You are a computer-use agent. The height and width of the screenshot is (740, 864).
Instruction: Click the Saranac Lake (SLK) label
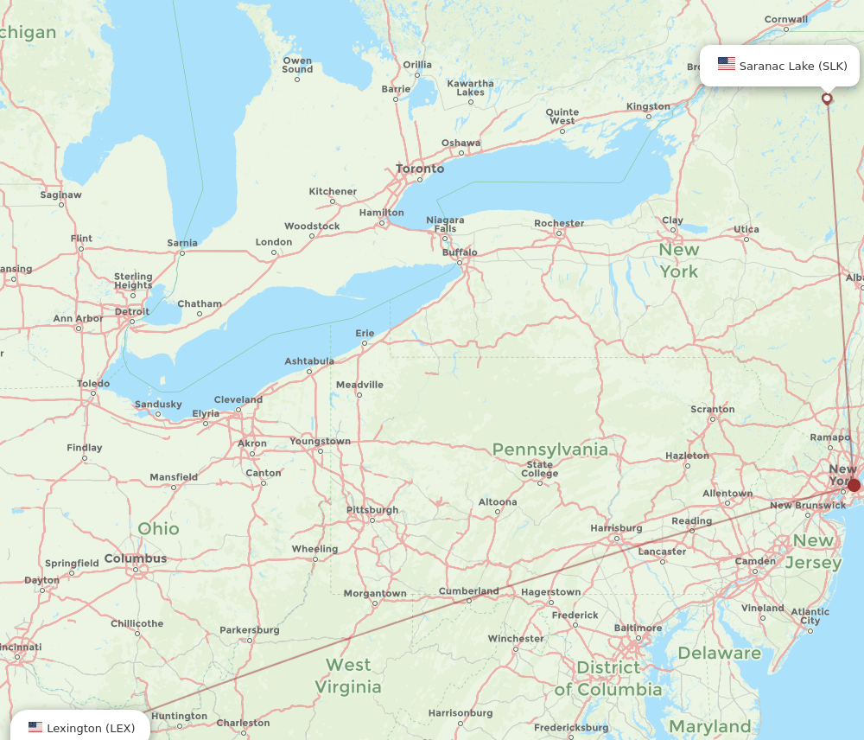tap(792, 66)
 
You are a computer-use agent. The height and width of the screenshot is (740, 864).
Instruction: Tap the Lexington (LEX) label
tap(91, 728)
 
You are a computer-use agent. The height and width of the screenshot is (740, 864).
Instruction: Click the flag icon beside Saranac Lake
tap(727, 64)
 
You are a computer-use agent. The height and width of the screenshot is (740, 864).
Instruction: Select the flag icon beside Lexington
tap(35, 728)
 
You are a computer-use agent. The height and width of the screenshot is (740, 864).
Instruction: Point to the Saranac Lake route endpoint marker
tap(827, 99)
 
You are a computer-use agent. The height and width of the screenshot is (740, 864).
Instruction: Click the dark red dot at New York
tap(854, 485)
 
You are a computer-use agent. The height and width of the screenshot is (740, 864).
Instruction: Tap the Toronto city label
tap(420, 169)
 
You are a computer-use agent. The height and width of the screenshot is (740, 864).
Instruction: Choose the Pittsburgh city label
tap(372, 510)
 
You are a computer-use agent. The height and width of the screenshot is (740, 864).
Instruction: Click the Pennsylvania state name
tap(550, 450)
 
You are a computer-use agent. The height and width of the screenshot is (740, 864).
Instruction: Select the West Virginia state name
tap(348, 676)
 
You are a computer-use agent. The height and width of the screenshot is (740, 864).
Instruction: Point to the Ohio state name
tap(159, 528)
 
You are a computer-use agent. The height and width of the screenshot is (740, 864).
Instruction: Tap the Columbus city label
tap(136, 558)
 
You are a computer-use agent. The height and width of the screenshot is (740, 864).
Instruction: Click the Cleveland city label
tap(238, 399)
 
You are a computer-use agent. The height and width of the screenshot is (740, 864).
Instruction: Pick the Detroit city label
tap(131, 311)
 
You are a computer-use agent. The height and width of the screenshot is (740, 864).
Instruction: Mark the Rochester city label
tap(559, 223)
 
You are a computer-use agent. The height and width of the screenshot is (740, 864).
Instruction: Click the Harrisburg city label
tap(616, 527)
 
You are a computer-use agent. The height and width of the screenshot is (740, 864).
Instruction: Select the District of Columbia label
tap(608, 679)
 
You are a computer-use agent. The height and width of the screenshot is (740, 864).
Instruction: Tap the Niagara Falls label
tap(445, 225)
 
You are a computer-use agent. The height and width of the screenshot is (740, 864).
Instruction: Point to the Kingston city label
tap(648, 106)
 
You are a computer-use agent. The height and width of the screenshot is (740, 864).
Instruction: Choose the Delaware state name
tap(720, 653)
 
